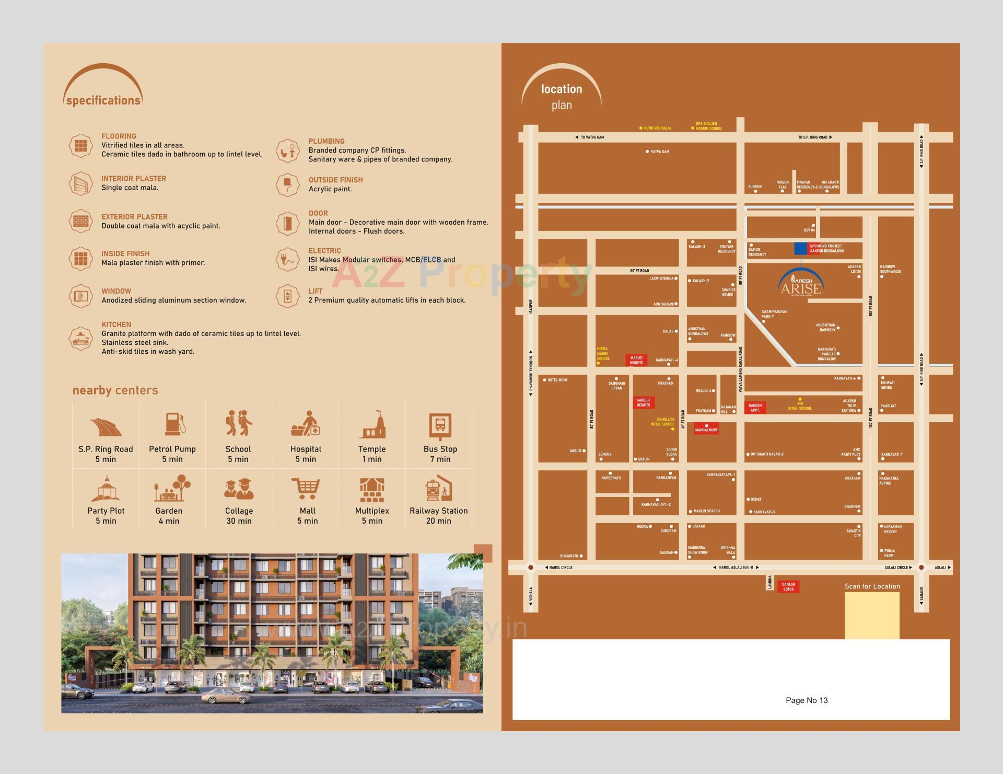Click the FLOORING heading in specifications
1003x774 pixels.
click(119, 136)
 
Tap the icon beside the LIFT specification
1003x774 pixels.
click(287, 296)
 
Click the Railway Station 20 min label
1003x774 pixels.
click(438, 516)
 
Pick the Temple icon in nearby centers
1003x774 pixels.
click(372, 424)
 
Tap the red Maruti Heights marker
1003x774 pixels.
click(636, 360)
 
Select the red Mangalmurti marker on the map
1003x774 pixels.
click(707, 429)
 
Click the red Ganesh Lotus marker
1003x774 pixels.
click(788, 587)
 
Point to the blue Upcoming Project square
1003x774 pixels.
click(800, 248)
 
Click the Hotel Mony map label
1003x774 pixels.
click(557, 380)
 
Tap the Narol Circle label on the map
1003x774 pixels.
click(561, 567)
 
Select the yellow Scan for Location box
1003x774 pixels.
click(872, 615)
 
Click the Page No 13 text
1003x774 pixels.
click(807, 700)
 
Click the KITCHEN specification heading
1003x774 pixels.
click(116, 325)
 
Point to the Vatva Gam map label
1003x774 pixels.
click(660, 152)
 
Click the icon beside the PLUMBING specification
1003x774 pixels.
click(287, 151)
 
